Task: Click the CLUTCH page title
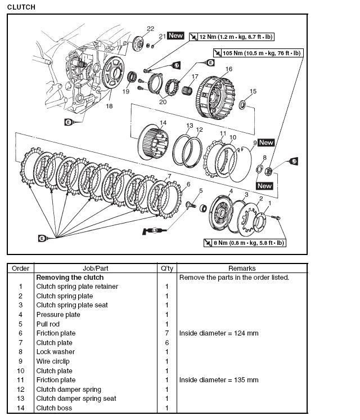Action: coord(21,7)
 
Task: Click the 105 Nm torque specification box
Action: coord(258,53)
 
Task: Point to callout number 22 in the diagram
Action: coord(150,29)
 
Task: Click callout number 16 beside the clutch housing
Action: coord(228,69)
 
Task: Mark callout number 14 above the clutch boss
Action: coord(163,123)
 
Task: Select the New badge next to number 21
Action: coord(176,35)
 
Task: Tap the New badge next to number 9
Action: coord(266,142)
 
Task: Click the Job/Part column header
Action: coord(96,269)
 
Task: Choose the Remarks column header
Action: coord(242,269)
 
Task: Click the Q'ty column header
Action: coord(167,269)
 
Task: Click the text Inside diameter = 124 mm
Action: coord(219,333)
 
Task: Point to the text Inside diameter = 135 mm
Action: coord(219,380)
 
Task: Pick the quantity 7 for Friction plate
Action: coord(167,333)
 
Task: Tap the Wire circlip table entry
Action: coord(53,361)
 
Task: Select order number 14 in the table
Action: coord(21,408)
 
